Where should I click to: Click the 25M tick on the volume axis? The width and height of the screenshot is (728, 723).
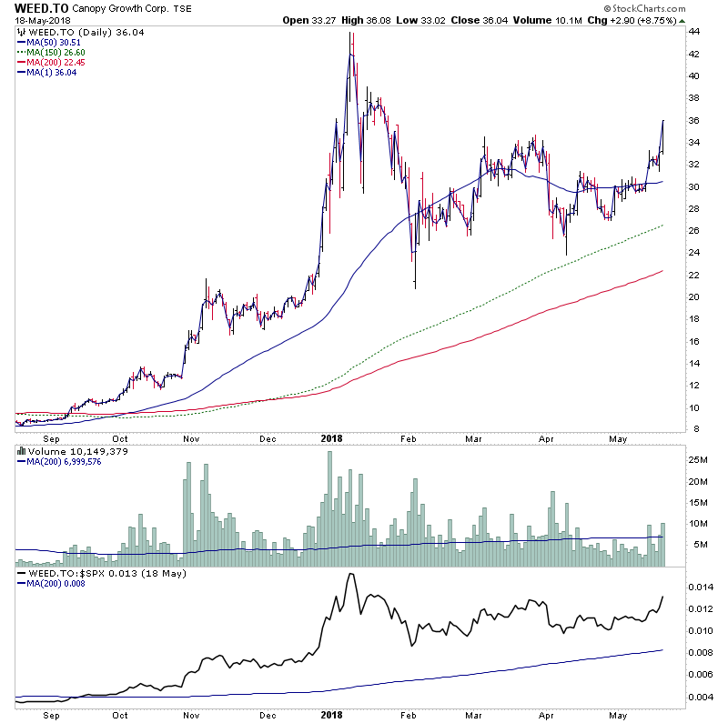pos(697,460)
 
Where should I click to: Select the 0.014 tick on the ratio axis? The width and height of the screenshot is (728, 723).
pos(701,587)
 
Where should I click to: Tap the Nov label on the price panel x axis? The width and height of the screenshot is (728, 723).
pos(191,437)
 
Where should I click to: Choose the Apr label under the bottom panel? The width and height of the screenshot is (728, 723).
pos(550,716)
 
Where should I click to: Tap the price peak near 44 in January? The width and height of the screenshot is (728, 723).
pos(351,35)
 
